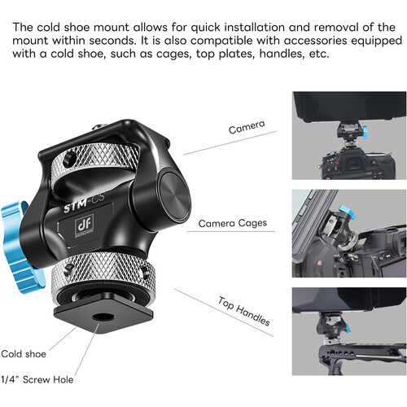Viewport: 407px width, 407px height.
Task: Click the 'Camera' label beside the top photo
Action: point(245,129)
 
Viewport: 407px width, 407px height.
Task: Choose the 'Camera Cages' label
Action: point(232,222)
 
